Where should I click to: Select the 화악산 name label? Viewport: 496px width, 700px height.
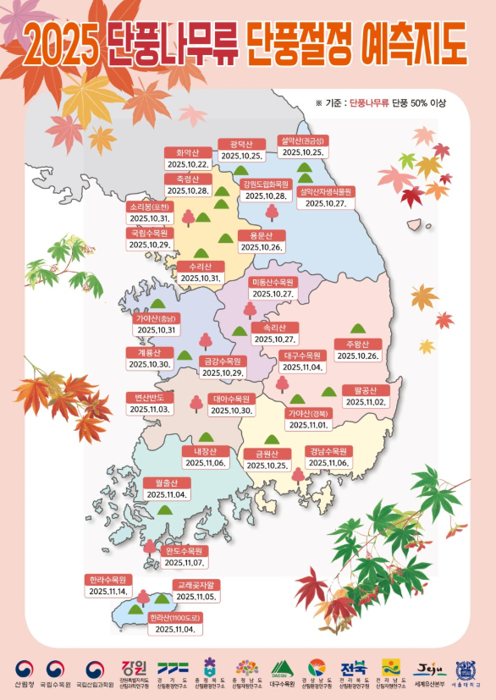187,153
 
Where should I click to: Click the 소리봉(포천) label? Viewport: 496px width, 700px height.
150,207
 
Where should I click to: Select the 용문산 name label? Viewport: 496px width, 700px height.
261,235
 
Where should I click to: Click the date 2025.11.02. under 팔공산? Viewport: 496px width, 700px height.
365,401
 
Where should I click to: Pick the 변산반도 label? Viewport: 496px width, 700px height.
150,397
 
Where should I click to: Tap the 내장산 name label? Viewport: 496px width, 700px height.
206,451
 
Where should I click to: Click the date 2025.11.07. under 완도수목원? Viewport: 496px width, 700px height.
183,562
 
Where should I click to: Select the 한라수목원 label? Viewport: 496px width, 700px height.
107,580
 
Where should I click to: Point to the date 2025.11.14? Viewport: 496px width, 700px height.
107,592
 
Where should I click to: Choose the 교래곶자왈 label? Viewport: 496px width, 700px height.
197,585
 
